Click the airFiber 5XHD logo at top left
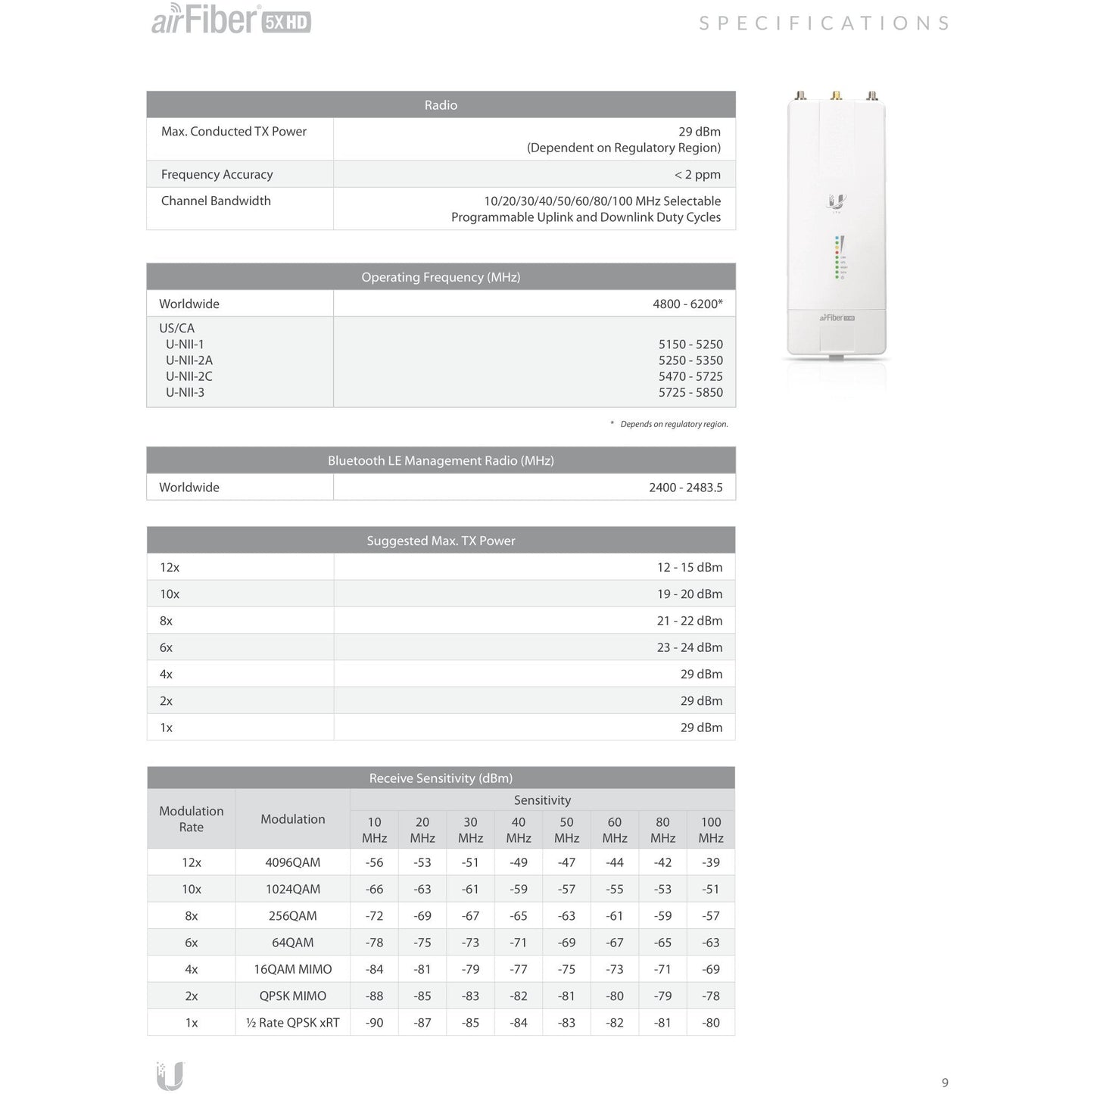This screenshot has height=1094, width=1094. coord(231,20)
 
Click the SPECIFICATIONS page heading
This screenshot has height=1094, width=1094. coord(824,23)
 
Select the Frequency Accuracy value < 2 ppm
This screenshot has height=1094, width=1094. coord(697,174)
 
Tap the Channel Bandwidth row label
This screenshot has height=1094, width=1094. coord(216,201)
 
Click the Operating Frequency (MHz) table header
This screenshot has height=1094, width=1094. coord(441,277)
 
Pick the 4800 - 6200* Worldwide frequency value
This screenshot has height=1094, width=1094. coord(687,304)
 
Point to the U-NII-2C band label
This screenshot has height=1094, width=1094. coord(189,376)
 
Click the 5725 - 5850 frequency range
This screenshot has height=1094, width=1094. coord(690,392)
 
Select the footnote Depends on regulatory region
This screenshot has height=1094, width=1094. coord(673,424)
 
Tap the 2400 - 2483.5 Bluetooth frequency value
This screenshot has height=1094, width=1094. coord(685,488)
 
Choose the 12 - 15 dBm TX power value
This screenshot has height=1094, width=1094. coord(690,567)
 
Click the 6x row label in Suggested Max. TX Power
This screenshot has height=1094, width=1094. coord(166,647)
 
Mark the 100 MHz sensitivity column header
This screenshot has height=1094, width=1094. coord(711,830)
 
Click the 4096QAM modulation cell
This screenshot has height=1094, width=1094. coord(293,862)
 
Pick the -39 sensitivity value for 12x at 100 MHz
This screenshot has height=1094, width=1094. coord(711,862)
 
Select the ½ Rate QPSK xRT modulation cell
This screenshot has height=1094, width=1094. coord(293,1023)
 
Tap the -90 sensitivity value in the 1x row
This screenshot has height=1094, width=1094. coord(374,1023)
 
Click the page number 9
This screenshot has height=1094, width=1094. coord(945,1083)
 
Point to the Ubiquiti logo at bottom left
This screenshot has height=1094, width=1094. coord(170,1076)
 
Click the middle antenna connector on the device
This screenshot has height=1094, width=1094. coord(837,96)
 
